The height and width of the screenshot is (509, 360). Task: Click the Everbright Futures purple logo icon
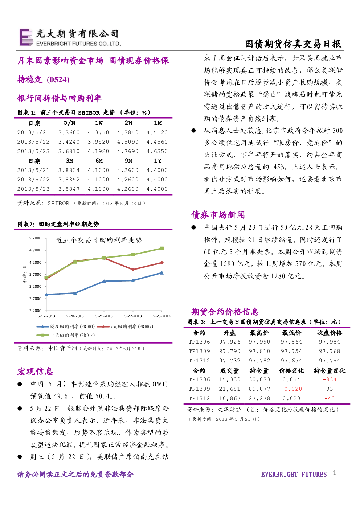point(26,37)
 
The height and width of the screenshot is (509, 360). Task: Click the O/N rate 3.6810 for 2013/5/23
point(69,151)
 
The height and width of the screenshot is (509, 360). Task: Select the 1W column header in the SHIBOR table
point(99,123)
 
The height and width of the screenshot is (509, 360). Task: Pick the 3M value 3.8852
point(69,180)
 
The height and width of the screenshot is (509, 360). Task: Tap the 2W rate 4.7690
point(128,151)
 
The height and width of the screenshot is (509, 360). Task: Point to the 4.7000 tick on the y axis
point(36,250)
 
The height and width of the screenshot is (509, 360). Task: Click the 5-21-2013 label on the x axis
point(104,316)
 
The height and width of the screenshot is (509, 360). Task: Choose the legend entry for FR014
point(66,335)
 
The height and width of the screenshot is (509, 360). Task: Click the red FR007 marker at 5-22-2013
point(133,270)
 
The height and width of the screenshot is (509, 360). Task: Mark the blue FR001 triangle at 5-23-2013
point(162,273)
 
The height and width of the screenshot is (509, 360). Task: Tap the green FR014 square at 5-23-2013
point(162,249)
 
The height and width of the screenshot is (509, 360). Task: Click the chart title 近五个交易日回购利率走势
point(99,240)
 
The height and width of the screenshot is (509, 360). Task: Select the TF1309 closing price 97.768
point(329,351)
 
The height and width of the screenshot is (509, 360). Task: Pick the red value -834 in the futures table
point(329,379)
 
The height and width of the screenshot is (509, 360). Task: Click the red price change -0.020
point(291,389)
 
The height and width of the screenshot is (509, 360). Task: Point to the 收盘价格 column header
point(330,333)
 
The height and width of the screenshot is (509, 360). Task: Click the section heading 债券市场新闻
point(218,215)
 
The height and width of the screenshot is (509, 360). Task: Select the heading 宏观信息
point(35,371)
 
